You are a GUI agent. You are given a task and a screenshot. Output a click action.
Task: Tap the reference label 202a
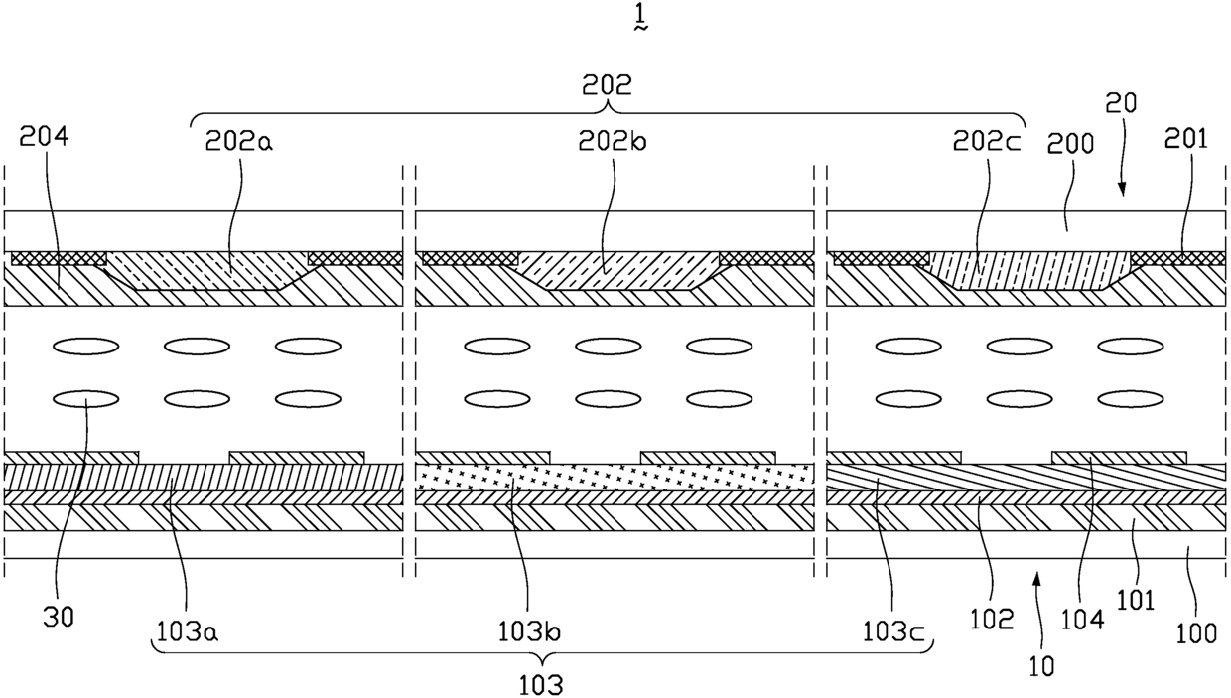(239, 142)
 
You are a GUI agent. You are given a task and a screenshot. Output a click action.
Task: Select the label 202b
(613, 142)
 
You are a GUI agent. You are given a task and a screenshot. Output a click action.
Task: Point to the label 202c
(987, 142)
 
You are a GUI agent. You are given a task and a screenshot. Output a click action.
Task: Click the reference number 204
(44, 136)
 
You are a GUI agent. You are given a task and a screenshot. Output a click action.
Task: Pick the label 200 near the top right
(1070, 143)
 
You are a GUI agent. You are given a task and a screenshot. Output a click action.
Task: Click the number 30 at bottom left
(59, 618)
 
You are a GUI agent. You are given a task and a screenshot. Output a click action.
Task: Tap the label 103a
(188, 632)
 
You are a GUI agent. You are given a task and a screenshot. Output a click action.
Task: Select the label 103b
(529, 632)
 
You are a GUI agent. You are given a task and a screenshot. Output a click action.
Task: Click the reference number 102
(992, 620)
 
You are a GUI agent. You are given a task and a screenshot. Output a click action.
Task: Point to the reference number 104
(1082, 620)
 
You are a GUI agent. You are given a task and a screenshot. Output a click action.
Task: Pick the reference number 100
(1196, 633)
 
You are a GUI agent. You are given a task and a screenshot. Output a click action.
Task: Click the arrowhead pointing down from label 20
(1122, 189)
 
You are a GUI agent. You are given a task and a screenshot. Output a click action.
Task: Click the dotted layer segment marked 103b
(615, 477)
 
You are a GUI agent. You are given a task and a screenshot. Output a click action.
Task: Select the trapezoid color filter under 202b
(618, 270)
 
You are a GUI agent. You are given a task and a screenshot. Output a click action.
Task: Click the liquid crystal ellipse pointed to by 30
(85, 398)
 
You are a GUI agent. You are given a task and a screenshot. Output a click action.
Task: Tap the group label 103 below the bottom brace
(541, 686)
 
